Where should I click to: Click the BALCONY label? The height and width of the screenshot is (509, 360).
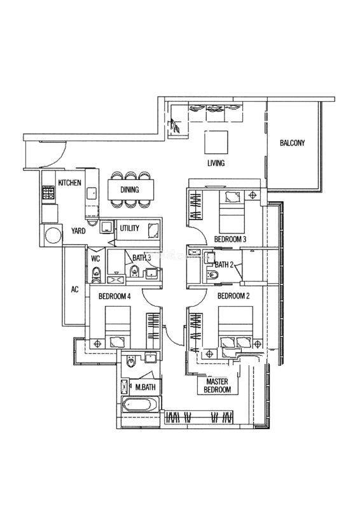(292, 143)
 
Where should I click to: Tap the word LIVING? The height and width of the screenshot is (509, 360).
(216, 163)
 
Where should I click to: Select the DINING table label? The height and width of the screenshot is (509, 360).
(130, 190)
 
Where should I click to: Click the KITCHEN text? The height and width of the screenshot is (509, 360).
(69, 183)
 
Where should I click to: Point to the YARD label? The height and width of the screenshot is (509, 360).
(78, 231)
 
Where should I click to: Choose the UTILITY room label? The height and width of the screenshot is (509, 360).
(130, 228)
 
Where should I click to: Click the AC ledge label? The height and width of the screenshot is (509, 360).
(74, 289)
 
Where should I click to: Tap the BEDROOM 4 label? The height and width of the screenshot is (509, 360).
(114, 296)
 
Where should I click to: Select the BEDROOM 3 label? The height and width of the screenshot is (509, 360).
(230, 240)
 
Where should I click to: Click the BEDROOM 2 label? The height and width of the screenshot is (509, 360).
(233, 296)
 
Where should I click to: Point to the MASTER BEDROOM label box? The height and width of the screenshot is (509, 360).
(218, 386)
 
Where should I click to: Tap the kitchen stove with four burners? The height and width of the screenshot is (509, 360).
(49, 192)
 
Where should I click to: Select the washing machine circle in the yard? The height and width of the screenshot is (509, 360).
(53, 235)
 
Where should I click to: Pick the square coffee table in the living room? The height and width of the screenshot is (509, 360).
(216, 142)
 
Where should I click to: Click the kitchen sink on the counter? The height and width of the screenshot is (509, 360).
(92, 193)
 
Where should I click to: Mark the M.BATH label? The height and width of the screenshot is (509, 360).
(146, 387)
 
